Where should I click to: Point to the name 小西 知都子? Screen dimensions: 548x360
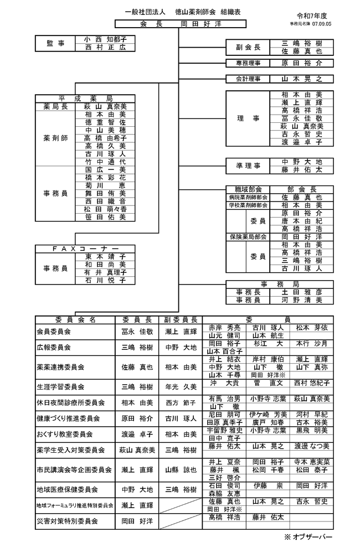105,40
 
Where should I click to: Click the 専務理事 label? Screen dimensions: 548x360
248,63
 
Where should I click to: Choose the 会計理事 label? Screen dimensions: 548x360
248,79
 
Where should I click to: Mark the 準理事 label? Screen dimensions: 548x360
248,166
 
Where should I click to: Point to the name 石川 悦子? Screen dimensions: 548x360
105,281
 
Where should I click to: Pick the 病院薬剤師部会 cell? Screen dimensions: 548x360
248,197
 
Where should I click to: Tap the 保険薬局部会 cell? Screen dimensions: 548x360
248,236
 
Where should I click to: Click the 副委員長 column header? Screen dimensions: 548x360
181,319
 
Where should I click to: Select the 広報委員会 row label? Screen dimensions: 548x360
53,347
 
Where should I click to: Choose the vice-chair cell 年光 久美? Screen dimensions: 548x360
181,386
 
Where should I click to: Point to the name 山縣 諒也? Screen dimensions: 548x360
181,470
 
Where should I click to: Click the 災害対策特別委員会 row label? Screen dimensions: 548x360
67,521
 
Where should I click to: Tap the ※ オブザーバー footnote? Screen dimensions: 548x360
309,537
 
